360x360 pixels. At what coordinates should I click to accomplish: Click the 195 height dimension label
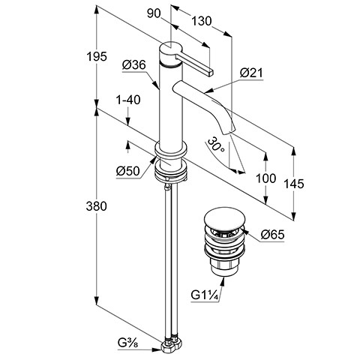point(97,56)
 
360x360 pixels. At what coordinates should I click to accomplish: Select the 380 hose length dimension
point(96,206)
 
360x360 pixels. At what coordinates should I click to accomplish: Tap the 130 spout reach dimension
point(202,21)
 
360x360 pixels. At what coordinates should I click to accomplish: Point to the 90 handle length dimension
point(154,13)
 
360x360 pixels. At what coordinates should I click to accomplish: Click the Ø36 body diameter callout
point(134,65)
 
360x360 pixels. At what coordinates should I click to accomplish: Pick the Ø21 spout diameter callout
point(251,73)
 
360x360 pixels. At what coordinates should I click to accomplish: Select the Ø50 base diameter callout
point(127,171)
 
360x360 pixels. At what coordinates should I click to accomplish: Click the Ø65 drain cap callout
point(273,235)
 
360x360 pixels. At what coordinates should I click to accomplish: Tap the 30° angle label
point(216,145)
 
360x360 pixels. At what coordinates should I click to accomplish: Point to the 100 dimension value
point(265,178)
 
